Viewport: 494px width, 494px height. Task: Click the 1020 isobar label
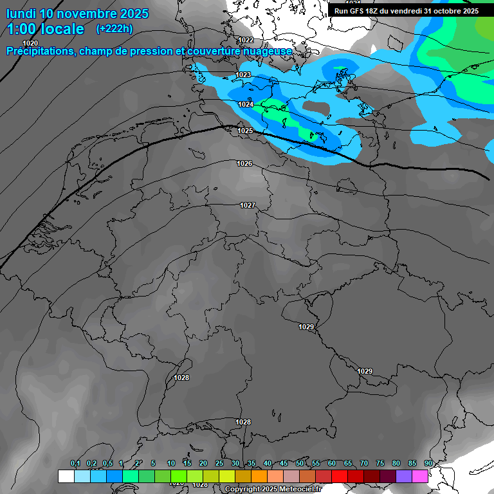tap(30, 43)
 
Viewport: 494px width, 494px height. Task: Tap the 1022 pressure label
tap(246, 40)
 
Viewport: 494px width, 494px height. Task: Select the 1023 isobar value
tap(243, 75)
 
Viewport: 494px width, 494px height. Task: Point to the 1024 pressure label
tap(246, 104)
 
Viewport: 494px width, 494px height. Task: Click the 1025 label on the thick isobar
tap(245, 131)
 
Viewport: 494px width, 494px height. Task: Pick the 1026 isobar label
tap(244, 164)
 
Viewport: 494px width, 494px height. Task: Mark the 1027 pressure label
tap(248, 206)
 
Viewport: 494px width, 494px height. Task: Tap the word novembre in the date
tap(91, 14)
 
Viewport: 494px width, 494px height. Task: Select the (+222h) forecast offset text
tap(114, 29)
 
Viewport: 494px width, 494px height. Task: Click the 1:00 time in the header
tap(23, 29)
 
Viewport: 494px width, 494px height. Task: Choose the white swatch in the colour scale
tap(66, 476)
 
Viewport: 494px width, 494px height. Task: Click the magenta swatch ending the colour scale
tap(420, 476)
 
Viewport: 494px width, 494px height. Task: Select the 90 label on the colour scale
tap(428, 463)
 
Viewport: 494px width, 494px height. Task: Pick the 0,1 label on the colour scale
tap(75, 463)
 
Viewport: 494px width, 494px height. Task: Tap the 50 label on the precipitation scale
tap(300, 463)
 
